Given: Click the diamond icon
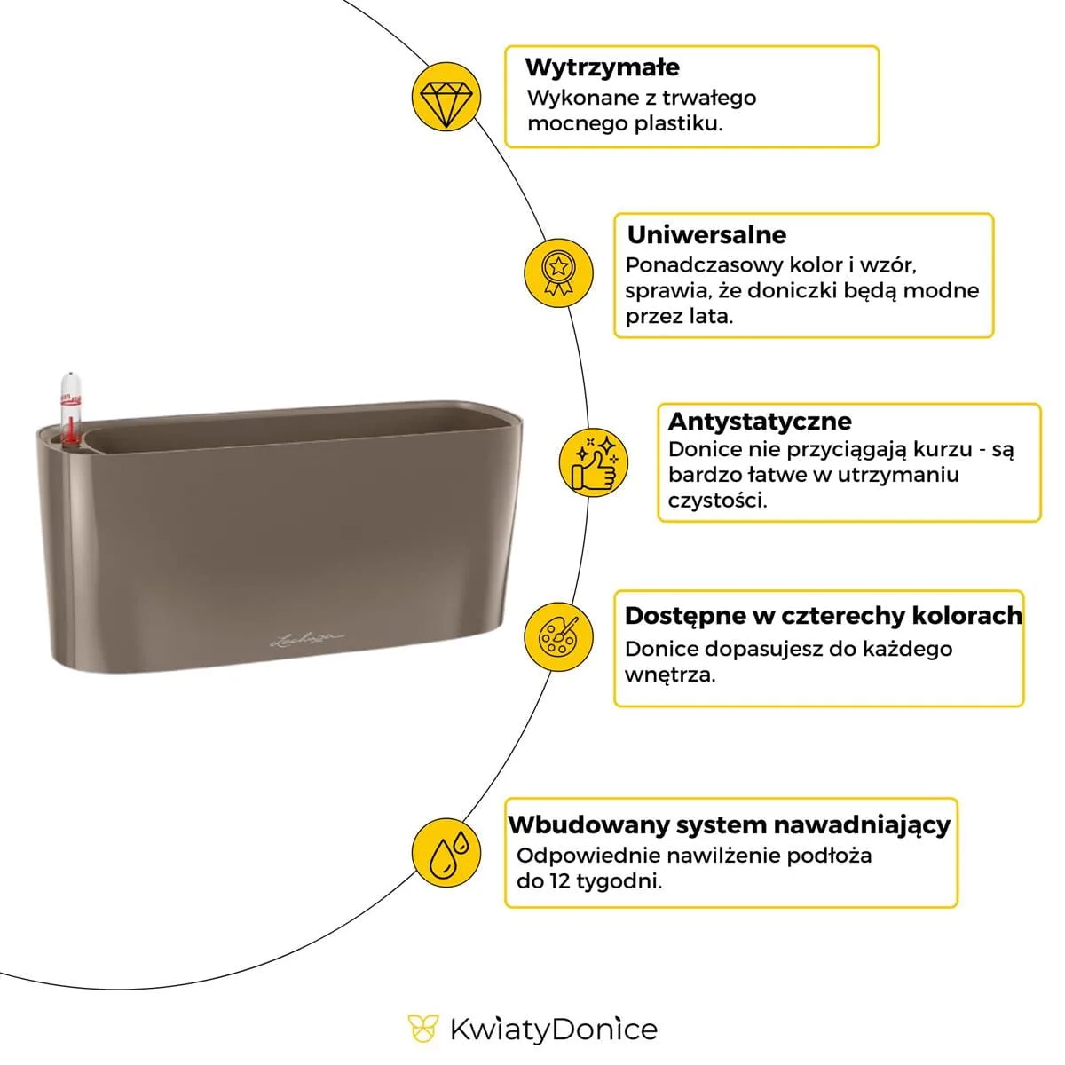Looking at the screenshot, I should [x=446, y=97].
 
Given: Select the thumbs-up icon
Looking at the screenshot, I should [x=594, y=462].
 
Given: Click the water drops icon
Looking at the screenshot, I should [x=446, y=852].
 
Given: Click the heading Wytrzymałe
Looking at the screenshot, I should [x=602, y=67].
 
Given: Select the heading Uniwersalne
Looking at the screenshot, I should [x=706, y=235].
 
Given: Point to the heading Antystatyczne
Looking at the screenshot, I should [x=760, y=421].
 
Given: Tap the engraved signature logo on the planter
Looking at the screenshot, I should [x=305, y=636].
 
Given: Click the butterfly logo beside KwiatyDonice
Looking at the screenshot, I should [x=422, y=1029].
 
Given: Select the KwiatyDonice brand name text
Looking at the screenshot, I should [x=553, y=1029].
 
